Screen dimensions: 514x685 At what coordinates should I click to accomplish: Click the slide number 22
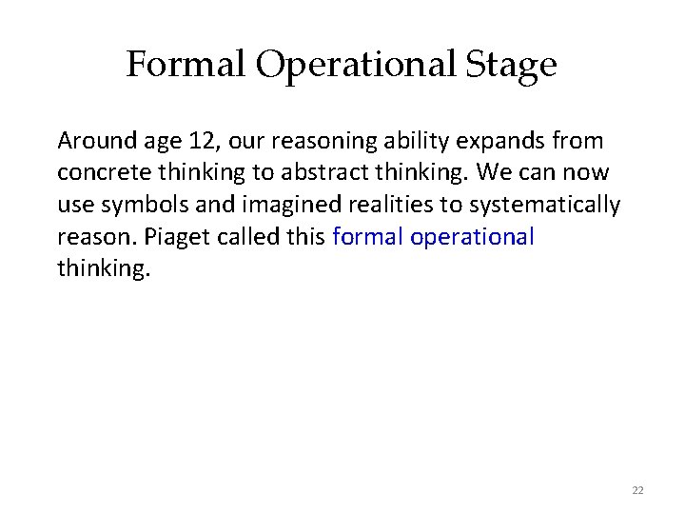tap(637, 490)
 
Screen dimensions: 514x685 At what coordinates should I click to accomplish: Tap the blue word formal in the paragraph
tap(368, 236)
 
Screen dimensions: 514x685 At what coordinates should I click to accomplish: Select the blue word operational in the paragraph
tap(472, 236)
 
